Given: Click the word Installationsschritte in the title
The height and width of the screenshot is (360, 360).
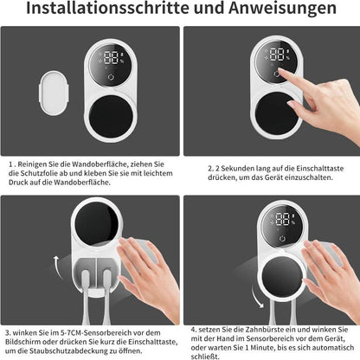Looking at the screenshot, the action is coord(107,8).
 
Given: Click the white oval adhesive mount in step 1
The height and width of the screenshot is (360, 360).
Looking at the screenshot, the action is coord(54,93).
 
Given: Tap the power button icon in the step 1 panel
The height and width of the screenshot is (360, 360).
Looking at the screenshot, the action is coord(111,77).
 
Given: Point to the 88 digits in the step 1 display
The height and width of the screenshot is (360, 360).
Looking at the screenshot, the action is coord(111,58).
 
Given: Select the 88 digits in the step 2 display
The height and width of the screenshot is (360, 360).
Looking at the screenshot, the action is coord(277,55).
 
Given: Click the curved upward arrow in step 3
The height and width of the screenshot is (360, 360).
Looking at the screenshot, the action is coord(57,266).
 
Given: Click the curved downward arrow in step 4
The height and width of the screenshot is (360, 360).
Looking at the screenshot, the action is coord(257,298).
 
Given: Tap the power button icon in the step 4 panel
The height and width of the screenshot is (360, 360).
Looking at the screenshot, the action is coord(282,239).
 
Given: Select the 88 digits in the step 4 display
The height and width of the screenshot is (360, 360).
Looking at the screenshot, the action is coord(282,219).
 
